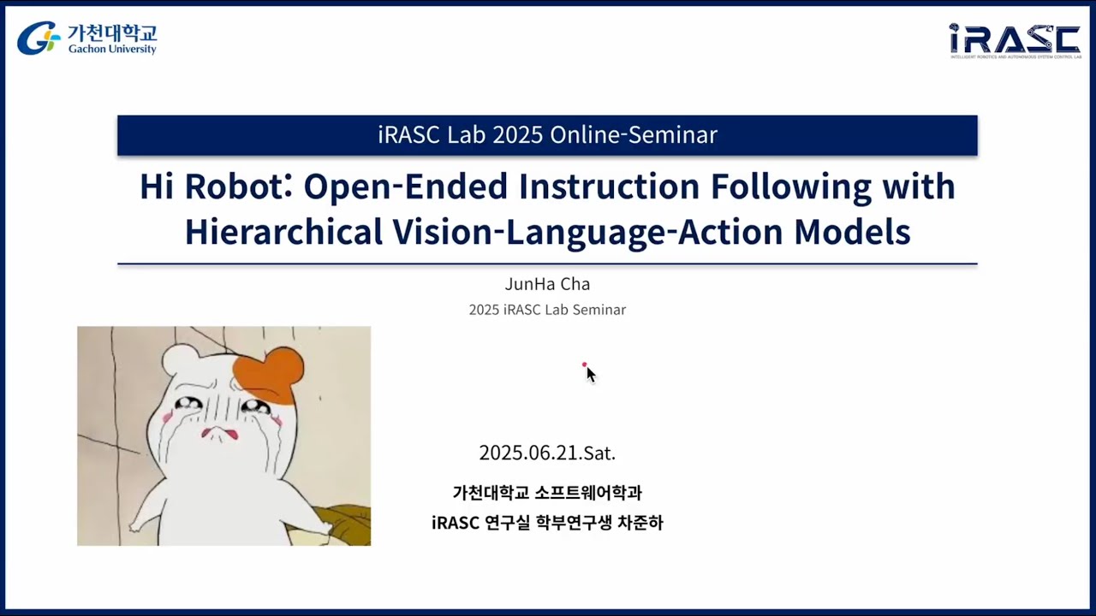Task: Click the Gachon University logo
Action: click(86, 38)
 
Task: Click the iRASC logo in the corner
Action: click(1015, 40)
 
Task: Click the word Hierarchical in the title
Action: click(283, 231)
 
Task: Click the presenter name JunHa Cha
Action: click(547, 284)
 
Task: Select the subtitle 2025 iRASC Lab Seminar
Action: click(547, 310)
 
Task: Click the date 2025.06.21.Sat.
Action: click(547, 453)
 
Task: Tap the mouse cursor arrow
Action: click(590, 374)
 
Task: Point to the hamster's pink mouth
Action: click(219, 434)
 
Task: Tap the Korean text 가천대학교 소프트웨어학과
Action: click(547, 493)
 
